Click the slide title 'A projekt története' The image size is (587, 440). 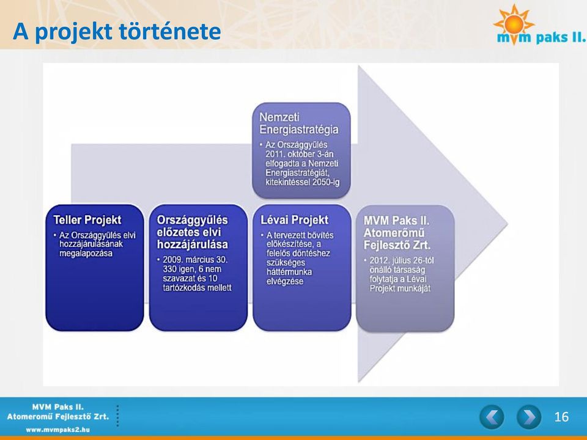[117, 31]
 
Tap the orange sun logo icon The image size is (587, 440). [514, 23]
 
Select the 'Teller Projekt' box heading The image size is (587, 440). [87, 220]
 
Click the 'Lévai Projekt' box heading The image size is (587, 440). [294, 220]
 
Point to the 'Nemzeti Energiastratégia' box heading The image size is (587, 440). [299, 123]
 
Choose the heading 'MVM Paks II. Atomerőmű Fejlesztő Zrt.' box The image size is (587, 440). [397, 233]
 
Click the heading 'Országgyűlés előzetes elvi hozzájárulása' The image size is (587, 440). [193, 232]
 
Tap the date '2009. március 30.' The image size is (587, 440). [195, 260]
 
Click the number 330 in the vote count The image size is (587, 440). [169, 269]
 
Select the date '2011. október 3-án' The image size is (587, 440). [300, 154]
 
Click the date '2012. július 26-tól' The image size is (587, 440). [402, 260]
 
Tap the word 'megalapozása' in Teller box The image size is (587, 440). [86, 253]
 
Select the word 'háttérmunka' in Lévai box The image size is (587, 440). [289, 272]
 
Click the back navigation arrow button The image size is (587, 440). [492, 417]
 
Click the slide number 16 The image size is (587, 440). [561, 417]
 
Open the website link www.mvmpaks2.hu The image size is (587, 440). [57, 430]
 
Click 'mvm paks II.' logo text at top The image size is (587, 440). [541, 37]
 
